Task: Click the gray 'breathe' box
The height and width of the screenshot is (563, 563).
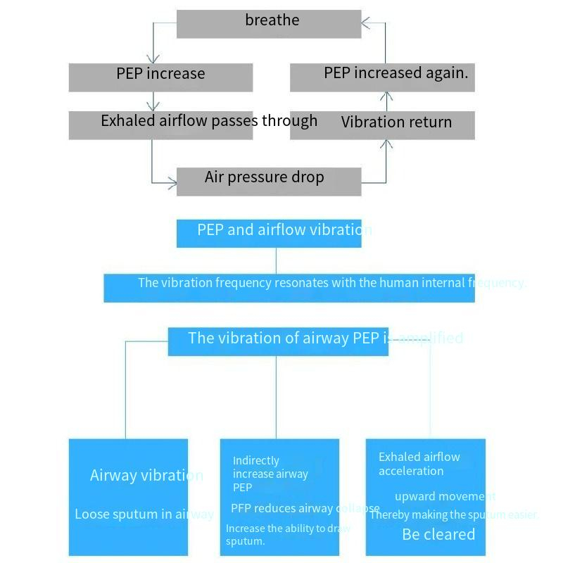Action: click(x=269, y=23)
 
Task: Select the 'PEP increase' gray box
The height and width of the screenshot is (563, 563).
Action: click(x=160, y=77)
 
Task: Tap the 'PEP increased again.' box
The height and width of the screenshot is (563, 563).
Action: click(x=382, y=77)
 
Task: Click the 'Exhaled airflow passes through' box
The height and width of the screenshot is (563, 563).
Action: click(x=160, y=125)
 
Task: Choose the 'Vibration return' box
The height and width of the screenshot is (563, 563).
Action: click(x=382, y=125)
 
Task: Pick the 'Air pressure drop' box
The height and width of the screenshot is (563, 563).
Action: click(x=269, y=181)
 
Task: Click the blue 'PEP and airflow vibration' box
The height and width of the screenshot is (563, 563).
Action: click(x=269, y=233)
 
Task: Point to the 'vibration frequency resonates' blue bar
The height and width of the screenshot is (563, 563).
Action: click(x=289, y=287)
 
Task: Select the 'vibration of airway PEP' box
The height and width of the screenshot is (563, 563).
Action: click(x=278, y=341)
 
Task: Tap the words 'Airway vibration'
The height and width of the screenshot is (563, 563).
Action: click(x=146, y=476)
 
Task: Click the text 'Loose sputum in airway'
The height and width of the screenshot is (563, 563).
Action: click(x=144, y=514)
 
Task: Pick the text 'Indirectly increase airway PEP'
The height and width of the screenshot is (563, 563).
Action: click(x=270, y=474)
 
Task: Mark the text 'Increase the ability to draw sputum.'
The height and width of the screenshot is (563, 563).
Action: click(x=287, y=535)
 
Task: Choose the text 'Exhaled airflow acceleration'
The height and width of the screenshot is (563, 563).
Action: click(x=419, y=464)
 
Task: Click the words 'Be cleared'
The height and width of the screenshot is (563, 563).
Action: click(x=438, y=535)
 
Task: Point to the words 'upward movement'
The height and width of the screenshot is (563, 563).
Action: click(x=445, y=497)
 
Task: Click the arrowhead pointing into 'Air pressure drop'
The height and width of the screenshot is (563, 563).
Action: click(x=172, y=184)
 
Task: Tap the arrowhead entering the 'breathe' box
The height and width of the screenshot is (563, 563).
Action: click(x=366, y=23)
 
